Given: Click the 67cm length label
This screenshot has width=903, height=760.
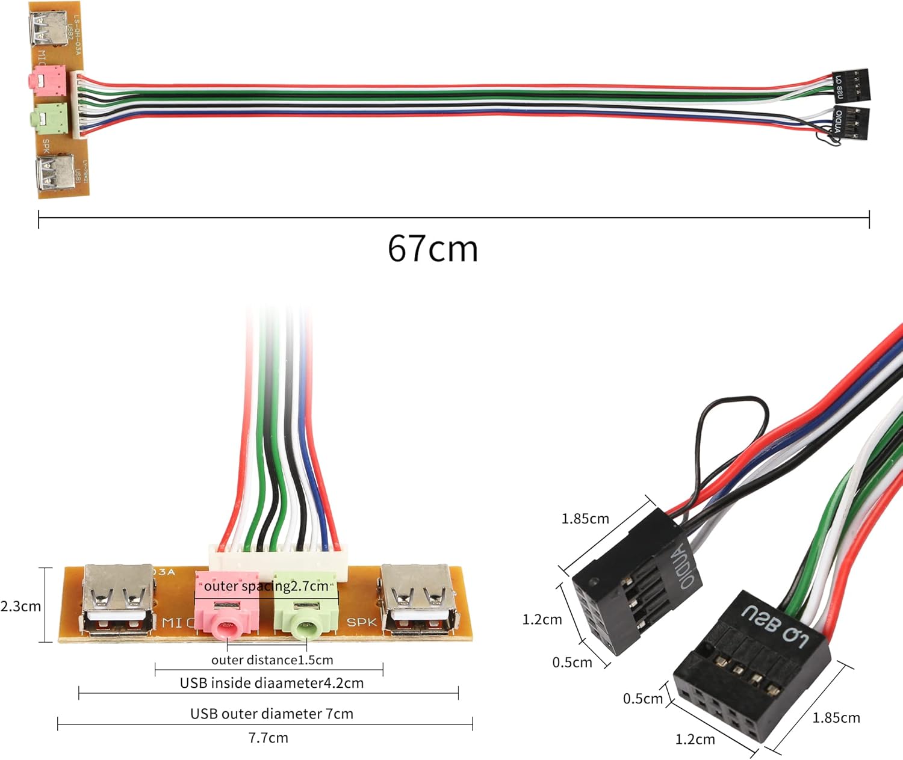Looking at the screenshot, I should point(432,248).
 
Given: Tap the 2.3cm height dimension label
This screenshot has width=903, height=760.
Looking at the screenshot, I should point(20,606).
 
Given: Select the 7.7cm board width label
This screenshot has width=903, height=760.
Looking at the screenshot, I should point(268,738).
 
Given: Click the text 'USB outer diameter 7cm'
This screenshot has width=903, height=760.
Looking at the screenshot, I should point(272,714).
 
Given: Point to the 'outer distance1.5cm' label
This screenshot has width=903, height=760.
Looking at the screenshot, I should point(272,660).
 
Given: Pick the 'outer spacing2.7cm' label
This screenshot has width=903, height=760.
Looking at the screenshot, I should point(266,586).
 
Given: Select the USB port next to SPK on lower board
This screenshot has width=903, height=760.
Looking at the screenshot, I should point(417,600).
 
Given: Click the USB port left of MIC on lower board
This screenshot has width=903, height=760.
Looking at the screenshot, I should point(119,600).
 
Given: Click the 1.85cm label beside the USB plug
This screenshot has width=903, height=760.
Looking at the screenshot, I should point(836,718).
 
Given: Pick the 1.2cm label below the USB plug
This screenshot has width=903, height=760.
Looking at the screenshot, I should point(695,740).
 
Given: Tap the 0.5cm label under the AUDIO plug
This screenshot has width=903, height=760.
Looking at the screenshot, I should point(572,663).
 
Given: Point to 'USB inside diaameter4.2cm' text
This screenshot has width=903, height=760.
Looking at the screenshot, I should point(272,683).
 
